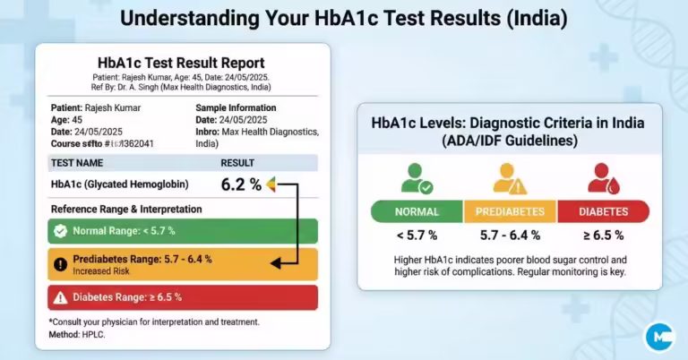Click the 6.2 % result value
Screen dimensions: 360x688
click(241, 185)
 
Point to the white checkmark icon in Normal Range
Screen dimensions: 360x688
click(60, 230)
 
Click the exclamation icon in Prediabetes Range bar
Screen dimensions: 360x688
click(60, 263)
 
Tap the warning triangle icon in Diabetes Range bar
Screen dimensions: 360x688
click(60, 297)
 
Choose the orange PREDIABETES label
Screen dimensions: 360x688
click(510, 212)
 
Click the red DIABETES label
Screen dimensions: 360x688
click(603, 212)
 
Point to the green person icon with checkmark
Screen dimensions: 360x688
click(417, 177)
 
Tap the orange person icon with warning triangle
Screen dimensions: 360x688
click(510, 177)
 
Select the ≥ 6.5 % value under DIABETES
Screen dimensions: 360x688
click(603, 236)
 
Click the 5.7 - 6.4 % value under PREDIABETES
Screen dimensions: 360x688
click(510, 236)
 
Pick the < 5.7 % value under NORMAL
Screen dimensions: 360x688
click(417, 236)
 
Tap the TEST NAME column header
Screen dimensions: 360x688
click(76, 163)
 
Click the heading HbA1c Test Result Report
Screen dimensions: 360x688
click(181, 63)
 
